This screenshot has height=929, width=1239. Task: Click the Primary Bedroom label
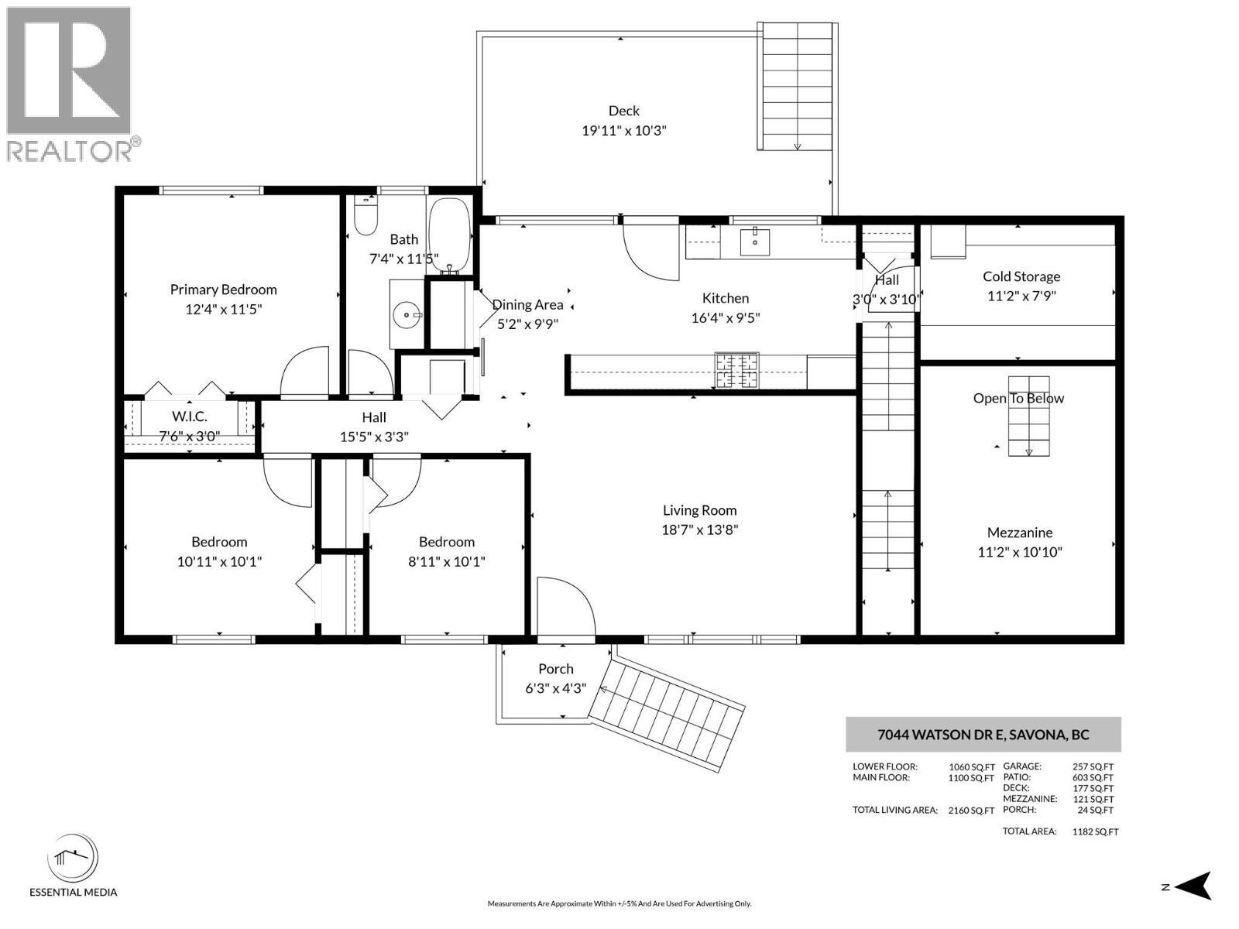pyautogui.click(x=223, y=290)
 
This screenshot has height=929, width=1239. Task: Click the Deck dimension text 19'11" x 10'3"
pyautogui.click(x=624, y=131)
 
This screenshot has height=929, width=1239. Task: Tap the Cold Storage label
pyautogui.click(x=1021, y=276)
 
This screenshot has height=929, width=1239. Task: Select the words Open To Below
pyautogui.click(x=1018, y=399)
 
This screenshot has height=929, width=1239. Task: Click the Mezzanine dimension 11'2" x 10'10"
pyautogui.click(x=1019, y=552)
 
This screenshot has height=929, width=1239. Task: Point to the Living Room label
pyautogui.click(x=699, y=510)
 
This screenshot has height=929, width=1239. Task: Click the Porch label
pyautogui.click(x=556, y=669)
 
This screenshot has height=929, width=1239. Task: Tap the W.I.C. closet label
pyautogui.click(x=190, y=417)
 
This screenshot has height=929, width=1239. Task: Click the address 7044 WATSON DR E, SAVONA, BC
pyautogui.click(x=983, y=735)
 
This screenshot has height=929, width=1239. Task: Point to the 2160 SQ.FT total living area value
pyautogui.click(x=971, y=811)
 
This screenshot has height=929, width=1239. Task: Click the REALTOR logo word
pyautogui.click(x=70, y=151)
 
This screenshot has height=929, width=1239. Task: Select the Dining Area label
pyautogui.click(x=528, y=305)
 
